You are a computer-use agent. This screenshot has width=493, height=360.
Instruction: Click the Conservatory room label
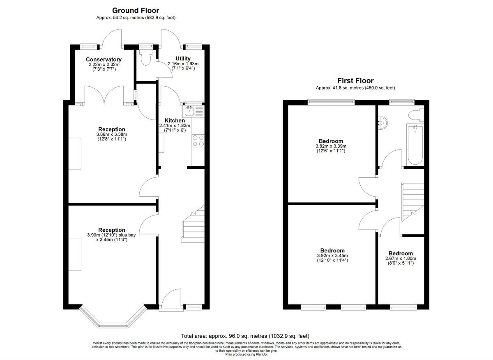point(104,60)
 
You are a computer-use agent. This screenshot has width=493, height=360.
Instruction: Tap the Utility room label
point(183,59)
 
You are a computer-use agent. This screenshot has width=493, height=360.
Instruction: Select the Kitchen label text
point(175,120)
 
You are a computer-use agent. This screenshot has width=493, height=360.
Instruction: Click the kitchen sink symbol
point(190,110)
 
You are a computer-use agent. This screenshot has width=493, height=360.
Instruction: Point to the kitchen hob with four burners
point(198,141)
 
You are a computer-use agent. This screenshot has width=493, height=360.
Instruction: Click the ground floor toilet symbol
point(145,58)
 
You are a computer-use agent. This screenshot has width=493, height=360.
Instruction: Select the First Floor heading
point(355,81)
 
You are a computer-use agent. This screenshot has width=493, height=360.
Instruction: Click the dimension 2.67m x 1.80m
point(401,259)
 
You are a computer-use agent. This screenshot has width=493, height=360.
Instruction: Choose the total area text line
point(245,335)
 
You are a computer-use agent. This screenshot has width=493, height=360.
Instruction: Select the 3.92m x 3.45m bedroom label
point(332,255)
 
